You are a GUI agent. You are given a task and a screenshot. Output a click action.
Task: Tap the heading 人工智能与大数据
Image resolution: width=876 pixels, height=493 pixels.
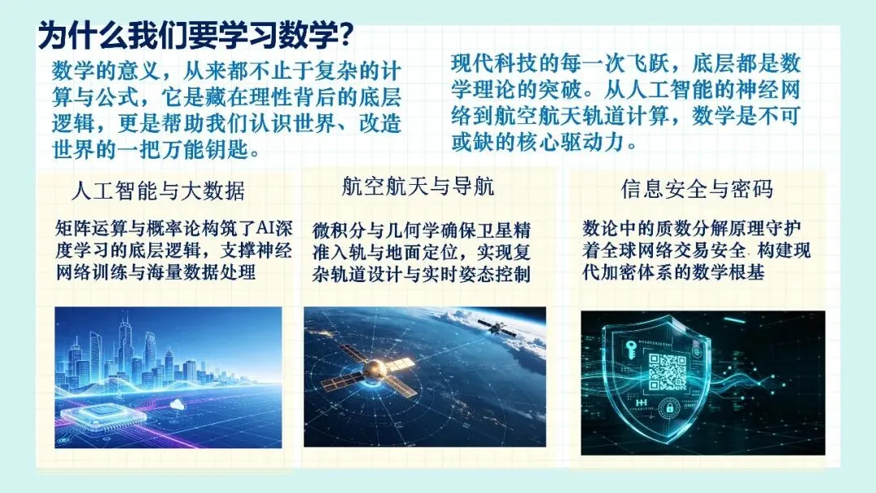click(158, 191)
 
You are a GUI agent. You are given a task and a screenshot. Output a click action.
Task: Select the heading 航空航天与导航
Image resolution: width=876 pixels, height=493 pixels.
click(418, 186)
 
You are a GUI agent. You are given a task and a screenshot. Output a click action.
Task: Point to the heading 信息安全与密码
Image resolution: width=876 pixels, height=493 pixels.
click(698, 189)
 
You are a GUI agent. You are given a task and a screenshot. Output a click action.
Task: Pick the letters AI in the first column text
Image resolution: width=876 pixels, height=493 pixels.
click(266, 228)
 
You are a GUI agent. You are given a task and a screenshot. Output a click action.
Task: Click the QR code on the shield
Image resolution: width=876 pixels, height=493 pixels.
click(667, 371)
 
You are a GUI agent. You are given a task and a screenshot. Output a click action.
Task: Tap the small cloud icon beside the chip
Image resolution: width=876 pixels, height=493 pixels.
click(178, 405)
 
